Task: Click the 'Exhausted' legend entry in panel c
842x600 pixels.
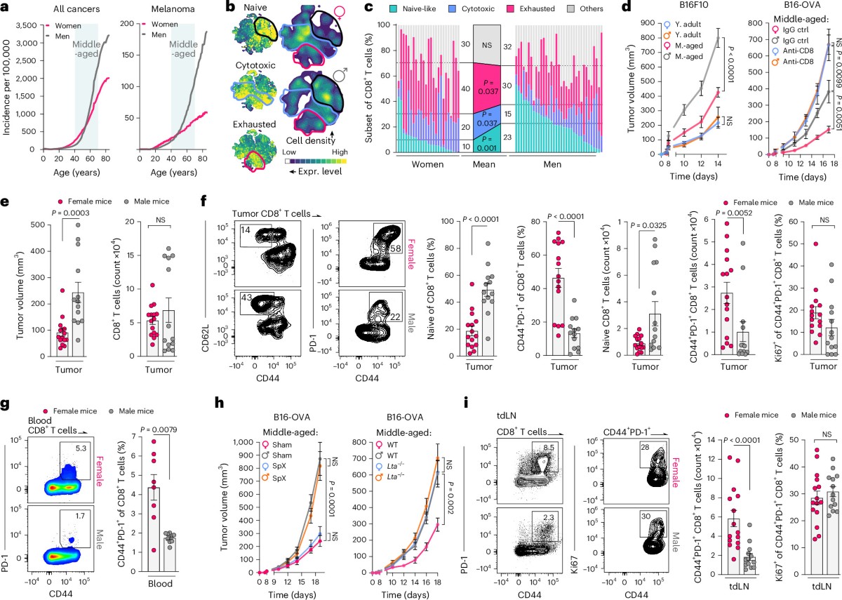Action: [537, 8]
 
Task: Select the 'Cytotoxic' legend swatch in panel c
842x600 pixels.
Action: [453, 8]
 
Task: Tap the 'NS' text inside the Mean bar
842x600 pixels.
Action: [487, 45]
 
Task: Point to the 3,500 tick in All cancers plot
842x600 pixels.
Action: [27, 25]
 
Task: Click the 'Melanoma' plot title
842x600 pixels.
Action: [173, 8]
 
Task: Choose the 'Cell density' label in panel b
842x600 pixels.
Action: [310, 140]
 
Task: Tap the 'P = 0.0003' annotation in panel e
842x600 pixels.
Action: [71, 213]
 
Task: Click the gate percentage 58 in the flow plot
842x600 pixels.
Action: [395, 248]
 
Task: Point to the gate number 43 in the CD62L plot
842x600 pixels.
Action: [246, 298]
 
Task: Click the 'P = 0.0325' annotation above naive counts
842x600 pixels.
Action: [648, 225]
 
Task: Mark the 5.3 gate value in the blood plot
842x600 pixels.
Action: [81, 448]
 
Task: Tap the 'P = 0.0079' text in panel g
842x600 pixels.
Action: [159, 429]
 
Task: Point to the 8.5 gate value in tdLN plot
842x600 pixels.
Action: [549, 448]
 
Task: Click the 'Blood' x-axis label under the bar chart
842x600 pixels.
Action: [160, 583]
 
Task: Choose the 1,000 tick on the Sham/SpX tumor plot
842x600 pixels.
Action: [243, 442]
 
